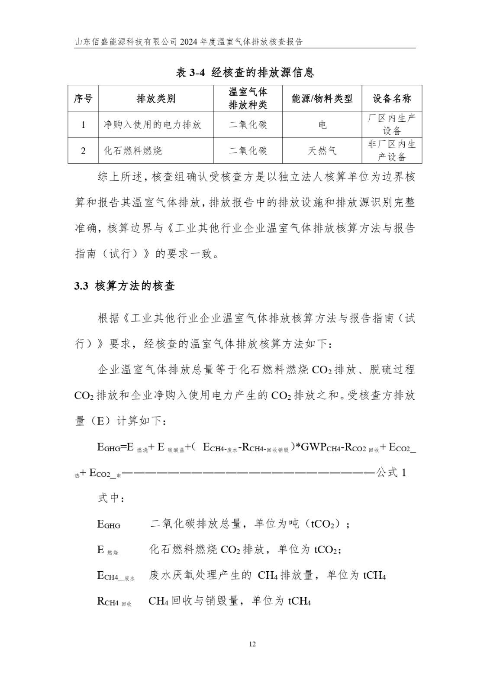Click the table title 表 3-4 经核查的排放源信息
(245, 72)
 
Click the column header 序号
(83, 99)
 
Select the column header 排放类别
(156, 99)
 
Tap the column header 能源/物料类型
(322, 99)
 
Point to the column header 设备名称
(392, 99)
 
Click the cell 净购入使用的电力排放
(152, 125)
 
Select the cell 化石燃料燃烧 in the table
(133, 151)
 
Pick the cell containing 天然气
(322, 151)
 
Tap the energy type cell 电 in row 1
(322, 125)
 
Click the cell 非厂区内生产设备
(392, 150)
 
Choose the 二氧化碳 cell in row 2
(248, 151)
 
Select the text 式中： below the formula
(111, 498)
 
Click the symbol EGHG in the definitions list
(109, 525)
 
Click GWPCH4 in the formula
(319, 447)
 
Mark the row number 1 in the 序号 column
(83, 125)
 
